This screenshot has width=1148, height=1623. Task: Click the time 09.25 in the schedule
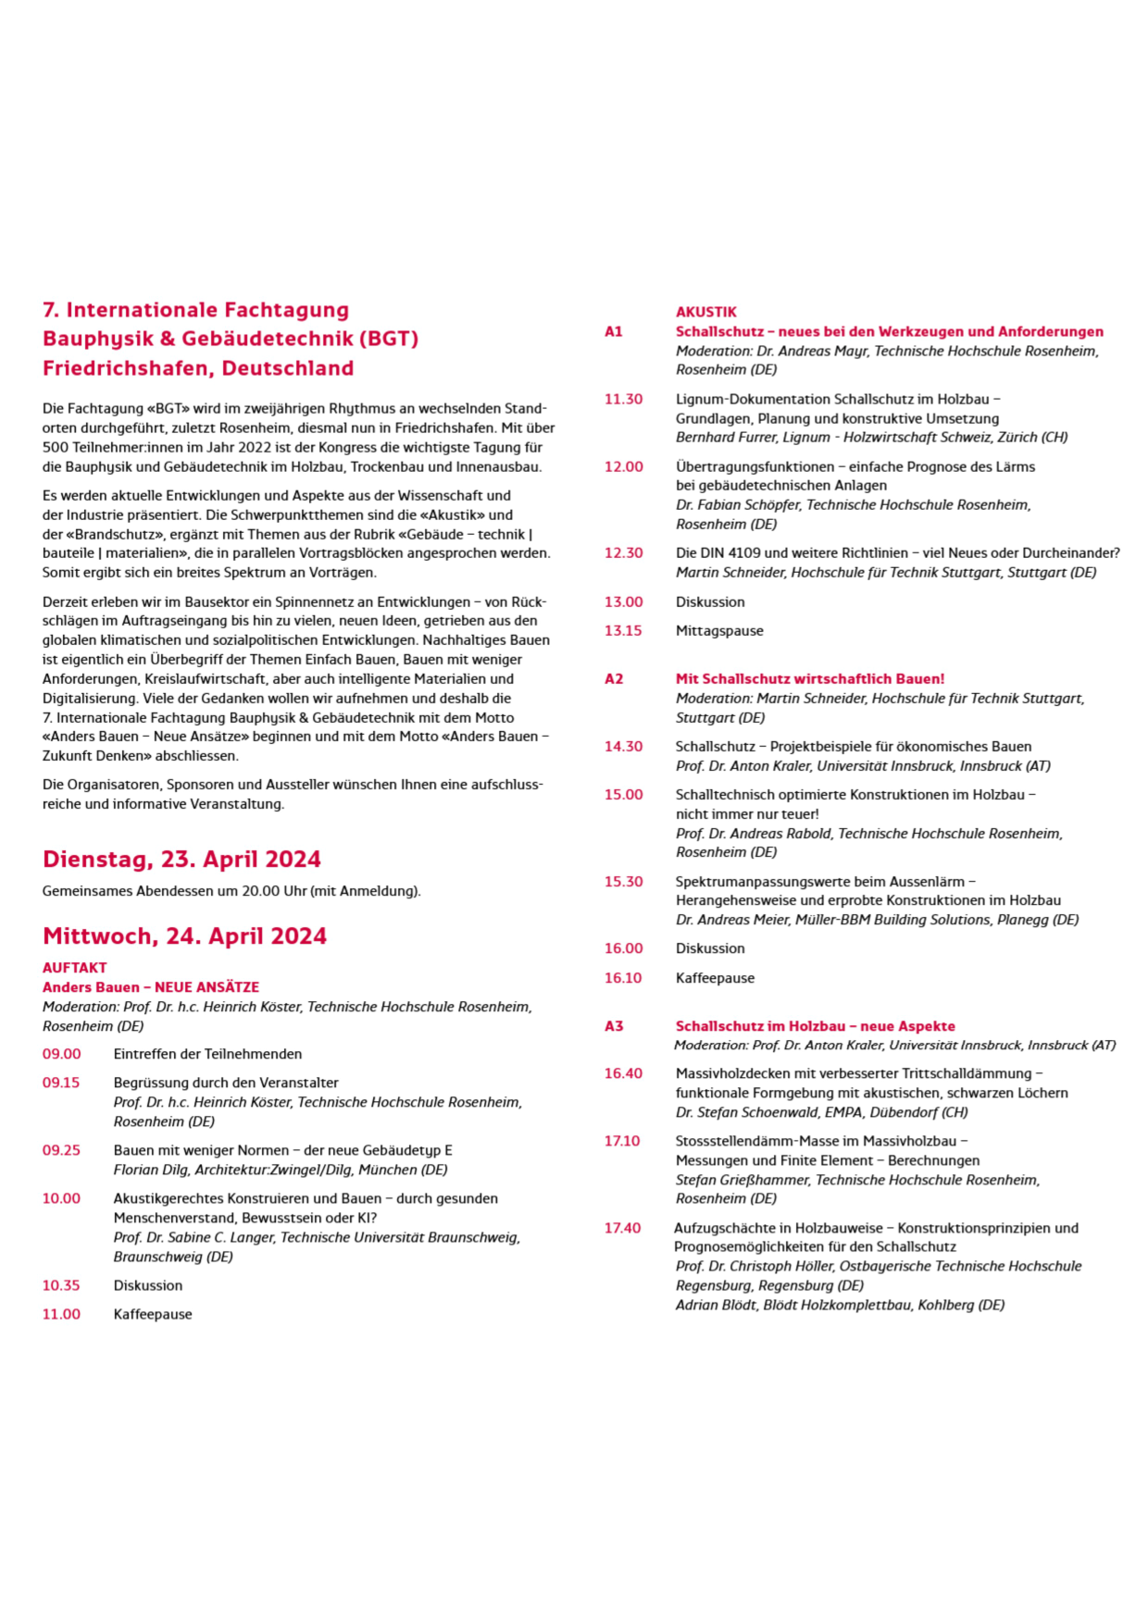tap(61, 1150)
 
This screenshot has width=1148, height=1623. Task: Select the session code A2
tap(614, 679)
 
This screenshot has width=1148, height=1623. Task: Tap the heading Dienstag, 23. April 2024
tap(181, 860)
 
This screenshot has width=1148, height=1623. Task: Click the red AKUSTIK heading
tap(706, 312)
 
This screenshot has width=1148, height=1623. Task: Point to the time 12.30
tap(623, 553)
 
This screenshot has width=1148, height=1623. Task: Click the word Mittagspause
tap(719, 631)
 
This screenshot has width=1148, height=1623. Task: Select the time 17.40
tap(622, 1228)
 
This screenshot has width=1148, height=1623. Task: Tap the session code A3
tap(614, 1026)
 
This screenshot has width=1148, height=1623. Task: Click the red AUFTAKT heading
tap(75, 968)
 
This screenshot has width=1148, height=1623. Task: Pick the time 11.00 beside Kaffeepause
tap(61, 1314)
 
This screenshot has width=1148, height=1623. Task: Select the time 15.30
tap(623, 882)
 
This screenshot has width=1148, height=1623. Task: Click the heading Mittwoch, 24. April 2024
tap(184, 936)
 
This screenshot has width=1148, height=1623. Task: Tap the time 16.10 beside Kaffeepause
tap(623, 978)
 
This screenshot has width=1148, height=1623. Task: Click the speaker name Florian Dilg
tap(148, 1170)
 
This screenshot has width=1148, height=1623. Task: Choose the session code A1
tap(614, 332)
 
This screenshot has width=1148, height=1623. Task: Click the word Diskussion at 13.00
tap(710, 602)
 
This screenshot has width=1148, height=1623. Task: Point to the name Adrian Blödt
tap(716, 1306)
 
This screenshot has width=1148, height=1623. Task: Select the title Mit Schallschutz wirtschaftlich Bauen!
tap(810, 679)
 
